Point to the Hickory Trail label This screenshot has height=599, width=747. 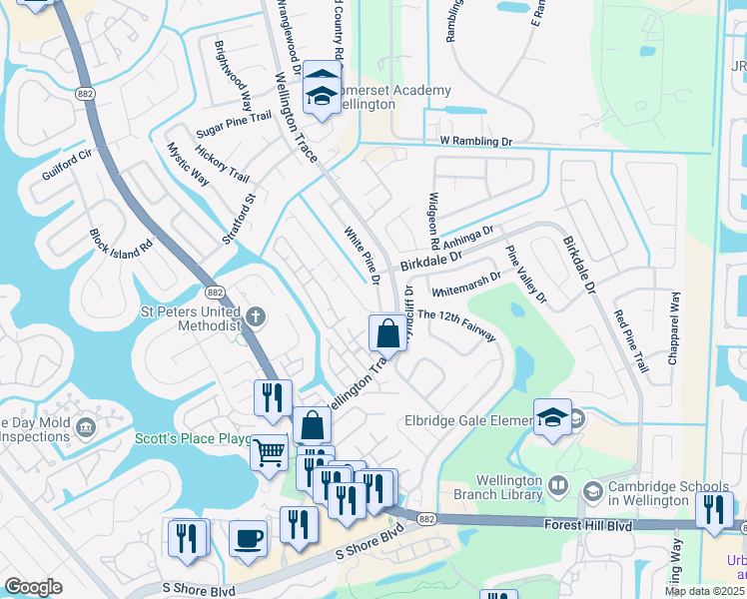point(222,163)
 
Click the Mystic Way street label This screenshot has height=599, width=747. point(187,165)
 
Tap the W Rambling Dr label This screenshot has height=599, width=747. point(468,142)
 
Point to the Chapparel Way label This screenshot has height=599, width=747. point(675,330)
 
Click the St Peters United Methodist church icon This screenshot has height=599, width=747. point(256,316)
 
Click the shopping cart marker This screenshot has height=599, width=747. point(270,453)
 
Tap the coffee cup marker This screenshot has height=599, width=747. point(249,538)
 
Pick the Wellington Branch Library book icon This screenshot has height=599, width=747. point(558,487)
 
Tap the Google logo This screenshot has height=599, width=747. point(33,587)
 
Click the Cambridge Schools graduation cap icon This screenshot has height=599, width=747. point(592,491)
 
